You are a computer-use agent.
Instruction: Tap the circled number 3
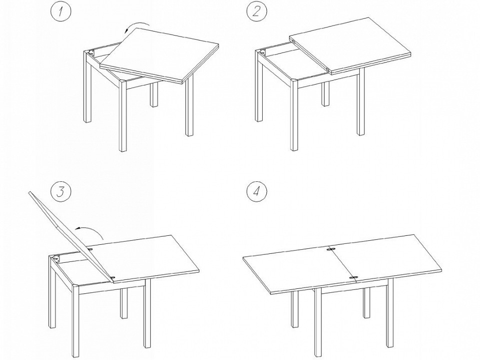click(61, 192)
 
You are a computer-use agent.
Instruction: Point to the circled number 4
click(257, 192)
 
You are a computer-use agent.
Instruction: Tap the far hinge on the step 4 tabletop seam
click(330, 249)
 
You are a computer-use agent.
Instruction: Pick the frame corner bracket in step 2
click(263, 53)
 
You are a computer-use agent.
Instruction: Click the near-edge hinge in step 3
click(113, 277)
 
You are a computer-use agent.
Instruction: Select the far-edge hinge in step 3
click(90, 250)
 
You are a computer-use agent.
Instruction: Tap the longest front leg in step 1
click(123, 116)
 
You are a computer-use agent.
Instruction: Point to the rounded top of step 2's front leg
click(294, 81)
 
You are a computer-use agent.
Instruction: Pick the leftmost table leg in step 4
click(295, 309)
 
